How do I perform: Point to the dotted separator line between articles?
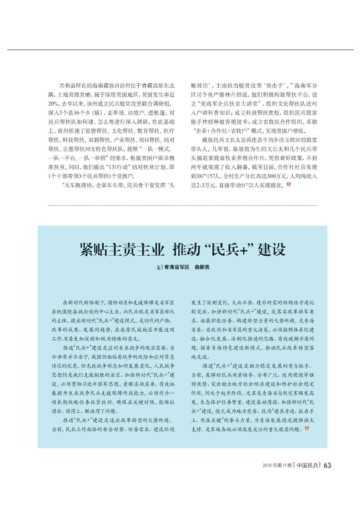point(182,205)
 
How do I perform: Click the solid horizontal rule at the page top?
point(180,50)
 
